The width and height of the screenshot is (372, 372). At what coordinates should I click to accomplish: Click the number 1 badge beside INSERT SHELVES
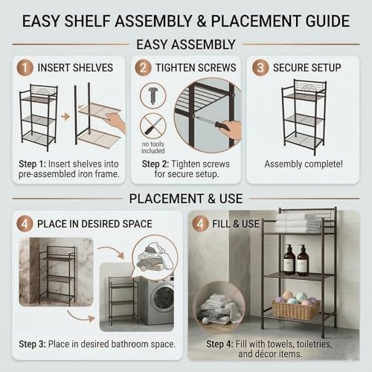25,68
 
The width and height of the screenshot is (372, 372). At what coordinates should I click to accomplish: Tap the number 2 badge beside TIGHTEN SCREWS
143,68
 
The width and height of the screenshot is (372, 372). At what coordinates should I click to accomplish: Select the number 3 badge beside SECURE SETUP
260,68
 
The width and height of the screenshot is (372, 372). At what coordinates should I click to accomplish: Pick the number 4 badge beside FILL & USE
200,224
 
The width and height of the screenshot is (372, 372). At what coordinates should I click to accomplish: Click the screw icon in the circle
153,96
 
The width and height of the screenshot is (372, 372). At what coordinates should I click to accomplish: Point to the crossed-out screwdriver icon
153,126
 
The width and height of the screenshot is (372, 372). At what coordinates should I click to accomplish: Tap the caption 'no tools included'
153,147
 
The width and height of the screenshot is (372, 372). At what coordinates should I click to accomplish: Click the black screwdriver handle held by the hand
222,126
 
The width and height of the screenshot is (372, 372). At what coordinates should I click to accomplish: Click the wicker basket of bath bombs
295,309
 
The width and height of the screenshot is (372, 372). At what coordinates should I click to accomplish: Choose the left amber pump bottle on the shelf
289,260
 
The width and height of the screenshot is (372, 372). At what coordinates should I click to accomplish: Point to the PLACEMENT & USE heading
186,199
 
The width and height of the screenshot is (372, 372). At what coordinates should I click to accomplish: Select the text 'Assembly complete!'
304,164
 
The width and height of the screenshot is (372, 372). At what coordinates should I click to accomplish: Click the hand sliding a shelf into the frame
115,122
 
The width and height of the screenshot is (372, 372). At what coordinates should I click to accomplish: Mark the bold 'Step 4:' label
219,344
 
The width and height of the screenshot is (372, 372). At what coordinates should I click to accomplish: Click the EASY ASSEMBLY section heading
186,45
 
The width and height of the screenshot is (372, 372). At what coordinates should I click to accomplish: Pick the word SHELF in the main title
87,21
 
